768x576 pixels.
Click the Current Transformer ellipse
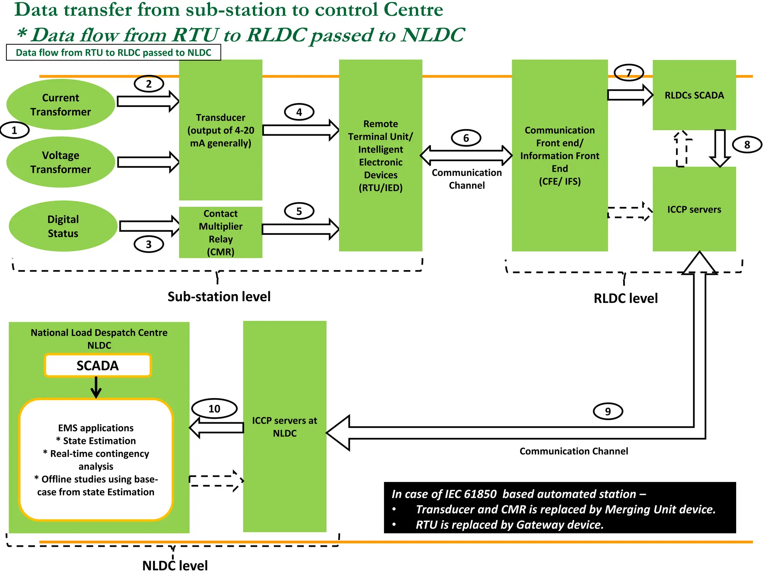(60, 105)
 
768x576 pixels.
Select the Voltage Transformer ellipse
(60, 162)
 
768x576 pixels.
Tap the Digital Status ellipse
(63, 226)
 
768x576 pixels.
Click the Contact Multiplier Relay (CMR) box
(220, 232)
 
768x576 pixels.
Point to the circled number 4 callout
(299, 112)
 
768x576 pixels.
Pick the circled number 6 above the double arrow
(466, 138)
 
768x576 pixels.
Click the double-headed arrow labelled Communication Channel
(466, 156)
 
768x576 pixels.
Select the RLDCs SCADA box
(694, 95)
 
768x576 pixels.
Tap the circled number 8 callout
(747, 145)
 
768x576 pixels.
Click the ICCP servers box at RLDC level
(694, 209)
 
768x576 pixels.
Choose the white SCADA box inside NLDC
(97, 366)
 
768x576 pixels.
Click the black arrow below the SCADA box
(96, 387)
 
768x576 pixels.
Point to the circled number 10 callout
(214, 409)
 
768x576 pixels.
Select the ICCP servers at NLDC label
(285, 427)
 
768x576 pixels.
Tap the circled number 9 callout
(608, 411)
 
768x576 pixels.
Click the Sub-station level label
(219, 297)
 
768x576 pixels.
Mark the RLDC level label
(625, 298)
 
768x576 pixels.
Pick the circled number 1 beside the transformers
(14, 130)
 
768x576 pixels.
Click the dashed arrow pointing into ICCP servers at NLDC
(216, 481)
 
